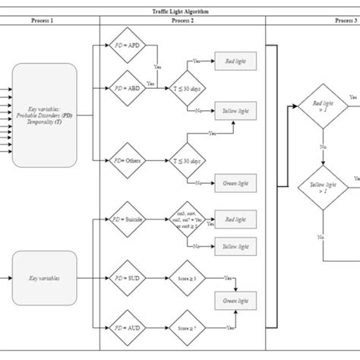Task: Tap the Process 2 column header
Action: [182, 22]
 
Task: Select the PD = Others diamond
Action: [127, 160]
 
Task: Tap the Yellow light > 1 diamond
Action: [322, 187]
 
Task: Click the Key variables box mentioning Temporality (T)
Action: [44, 114]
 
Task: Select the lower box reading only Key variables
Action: [44, 279]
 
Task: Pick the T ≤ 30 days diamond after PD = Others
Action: [185, 160]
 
